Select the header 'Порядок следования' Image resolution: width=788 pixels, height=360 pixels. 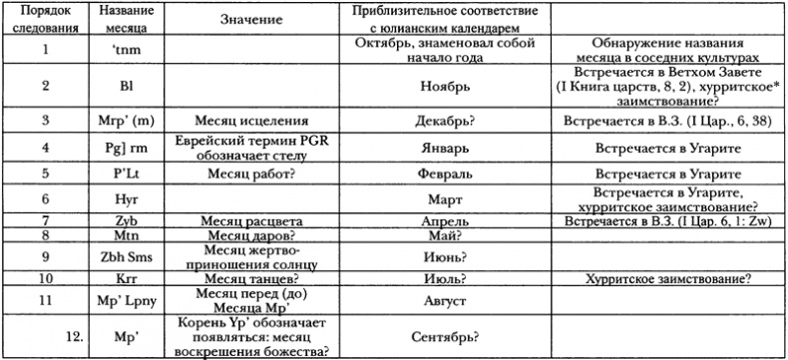coord(47,19)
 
